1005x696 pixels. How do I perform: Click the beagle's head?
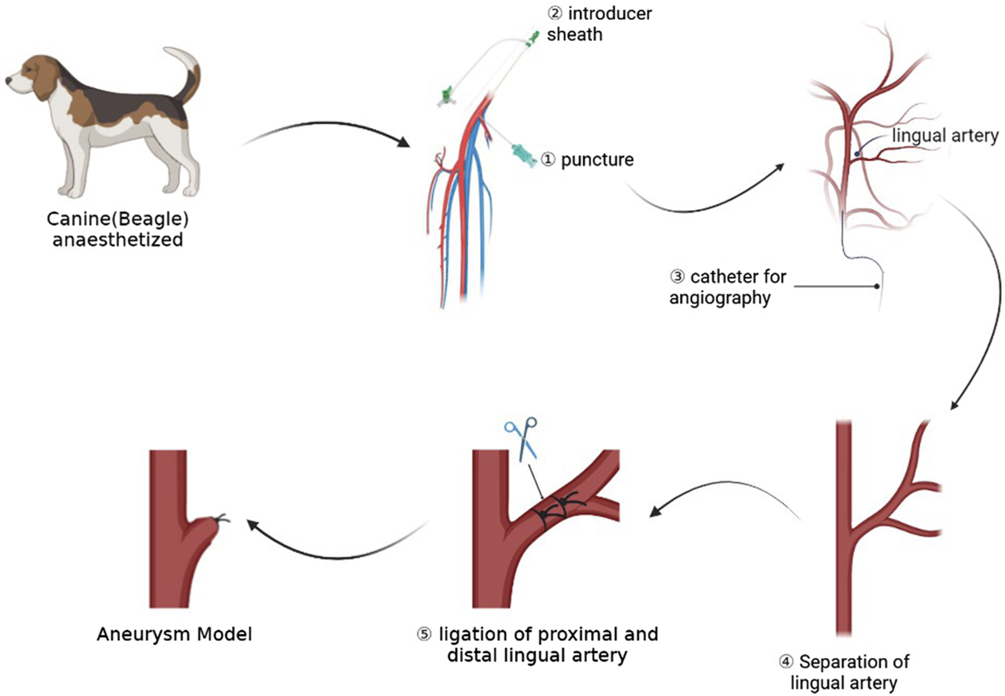click(x=30, y=77)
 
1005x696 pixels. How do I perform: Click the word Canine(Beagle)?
click(x=117, y=219)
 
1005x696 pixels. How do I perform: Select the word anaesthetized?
click(x=117, y=240)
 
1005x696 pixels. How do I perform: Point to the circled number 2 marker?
click(x=555, y=13)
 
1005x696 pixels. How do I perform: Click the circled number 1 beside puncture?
click(x=548, y=160)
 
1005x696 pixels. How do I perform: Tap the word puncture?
click(x=597, y=160)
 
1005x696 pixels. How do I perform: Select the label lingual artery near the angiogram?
click(x=945, y=135)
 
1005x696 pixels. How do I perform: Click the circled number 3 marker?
click(x=677, y=276)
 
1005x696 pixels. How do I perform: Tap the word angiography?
click(x=719, y=298)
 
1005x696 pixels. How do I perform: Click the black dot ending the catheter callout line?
click(x=877, y=286)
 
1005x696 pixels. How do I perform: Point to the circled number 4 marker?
click(x=786, y=662)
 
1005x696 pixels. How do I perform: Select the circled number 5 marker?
click(x=424, y=634)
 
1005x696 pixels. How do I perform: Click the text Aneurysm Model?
click(x=174, y=634)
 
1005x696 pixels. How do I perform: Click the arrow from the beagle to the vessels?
click(x=329, y=127)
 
